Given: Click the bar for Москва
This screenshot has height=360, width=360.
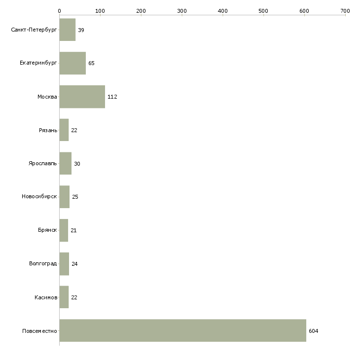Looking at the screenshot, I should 82,97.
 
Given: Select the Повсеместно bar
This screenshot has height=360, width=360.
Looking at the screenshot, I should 182,330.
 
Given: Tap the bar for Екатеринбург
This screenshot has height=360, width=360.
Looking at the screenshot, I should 72,63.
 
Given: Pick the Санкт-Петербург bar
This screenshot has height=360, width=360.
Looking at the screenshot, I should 67,30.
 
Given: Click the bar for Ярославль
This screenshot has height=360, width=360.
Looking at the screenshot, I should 65,163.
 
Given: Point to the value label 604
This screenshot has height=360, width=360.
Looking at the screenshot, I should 313,331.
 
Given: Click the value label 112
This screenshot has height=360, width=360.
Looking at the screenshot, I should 112,97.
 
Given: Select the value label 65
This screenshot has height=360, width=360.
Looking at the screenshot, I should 91,64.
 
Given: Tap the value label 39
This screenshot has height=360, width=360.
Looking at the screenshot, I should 81,31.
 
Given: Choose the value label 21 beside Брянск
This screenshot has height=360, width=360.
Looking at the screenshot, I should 73,231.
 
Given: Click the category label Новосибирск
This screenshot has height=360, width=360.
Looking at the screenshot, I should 39,197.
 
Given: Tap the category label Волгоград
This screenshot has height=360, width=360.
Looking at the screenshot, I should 43,264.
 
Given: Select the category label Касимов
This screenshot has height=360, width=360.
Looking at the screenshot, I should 46,297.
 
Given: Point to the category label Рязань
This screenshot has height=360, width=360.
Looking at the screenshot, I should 47,130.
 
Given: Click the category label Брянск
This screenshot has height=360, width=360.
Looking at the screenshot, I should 47,230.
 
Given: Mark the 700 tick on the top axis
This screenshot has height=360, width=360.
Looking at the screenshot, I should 345,10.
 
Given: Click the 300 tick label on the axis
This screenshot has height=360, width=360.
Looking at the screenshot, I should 182,10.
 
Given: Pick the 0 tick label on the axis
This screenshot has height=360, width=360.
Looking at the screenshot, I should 59,10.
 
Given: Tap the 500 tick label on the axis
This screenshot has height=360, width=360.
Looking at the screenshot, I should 263,10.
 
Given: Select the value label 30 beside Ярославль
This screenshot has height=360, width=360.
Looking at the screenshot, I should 77,164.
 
